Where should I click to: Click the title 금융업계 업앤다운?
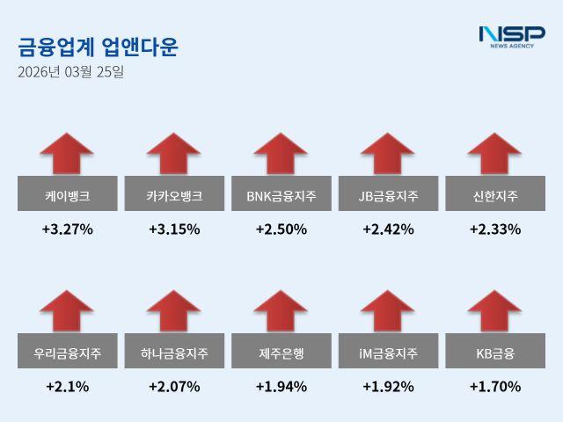pos(98,47)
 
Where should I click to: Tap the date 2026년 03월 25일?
pos(70,72)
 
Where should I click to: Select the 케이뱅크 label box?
pos(67,193)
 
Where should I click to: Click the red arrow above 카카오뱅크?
pos(174,154)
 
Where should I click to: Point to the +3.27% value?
pos(67,229)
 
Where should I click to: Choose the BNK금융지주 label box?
pos(281,193)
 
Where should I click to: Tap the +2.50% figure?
pos(281,229)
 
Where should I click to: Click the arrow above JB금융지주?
pos(388,154)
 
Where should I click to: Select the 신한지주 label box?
pos(494,193)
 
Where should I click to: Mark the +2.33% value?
pos(494,229)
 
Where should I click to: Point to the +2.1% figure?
pos(67,387)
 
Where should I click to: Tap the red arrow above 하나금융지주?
pos(174,311)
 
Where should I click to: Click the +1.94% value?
pos(281,387)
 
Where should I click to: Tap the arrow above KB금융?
pos(494,311)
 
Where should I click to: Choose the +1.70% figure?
pos(494,387)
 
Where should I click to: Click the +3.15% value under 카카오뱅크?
pos(174,229)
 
